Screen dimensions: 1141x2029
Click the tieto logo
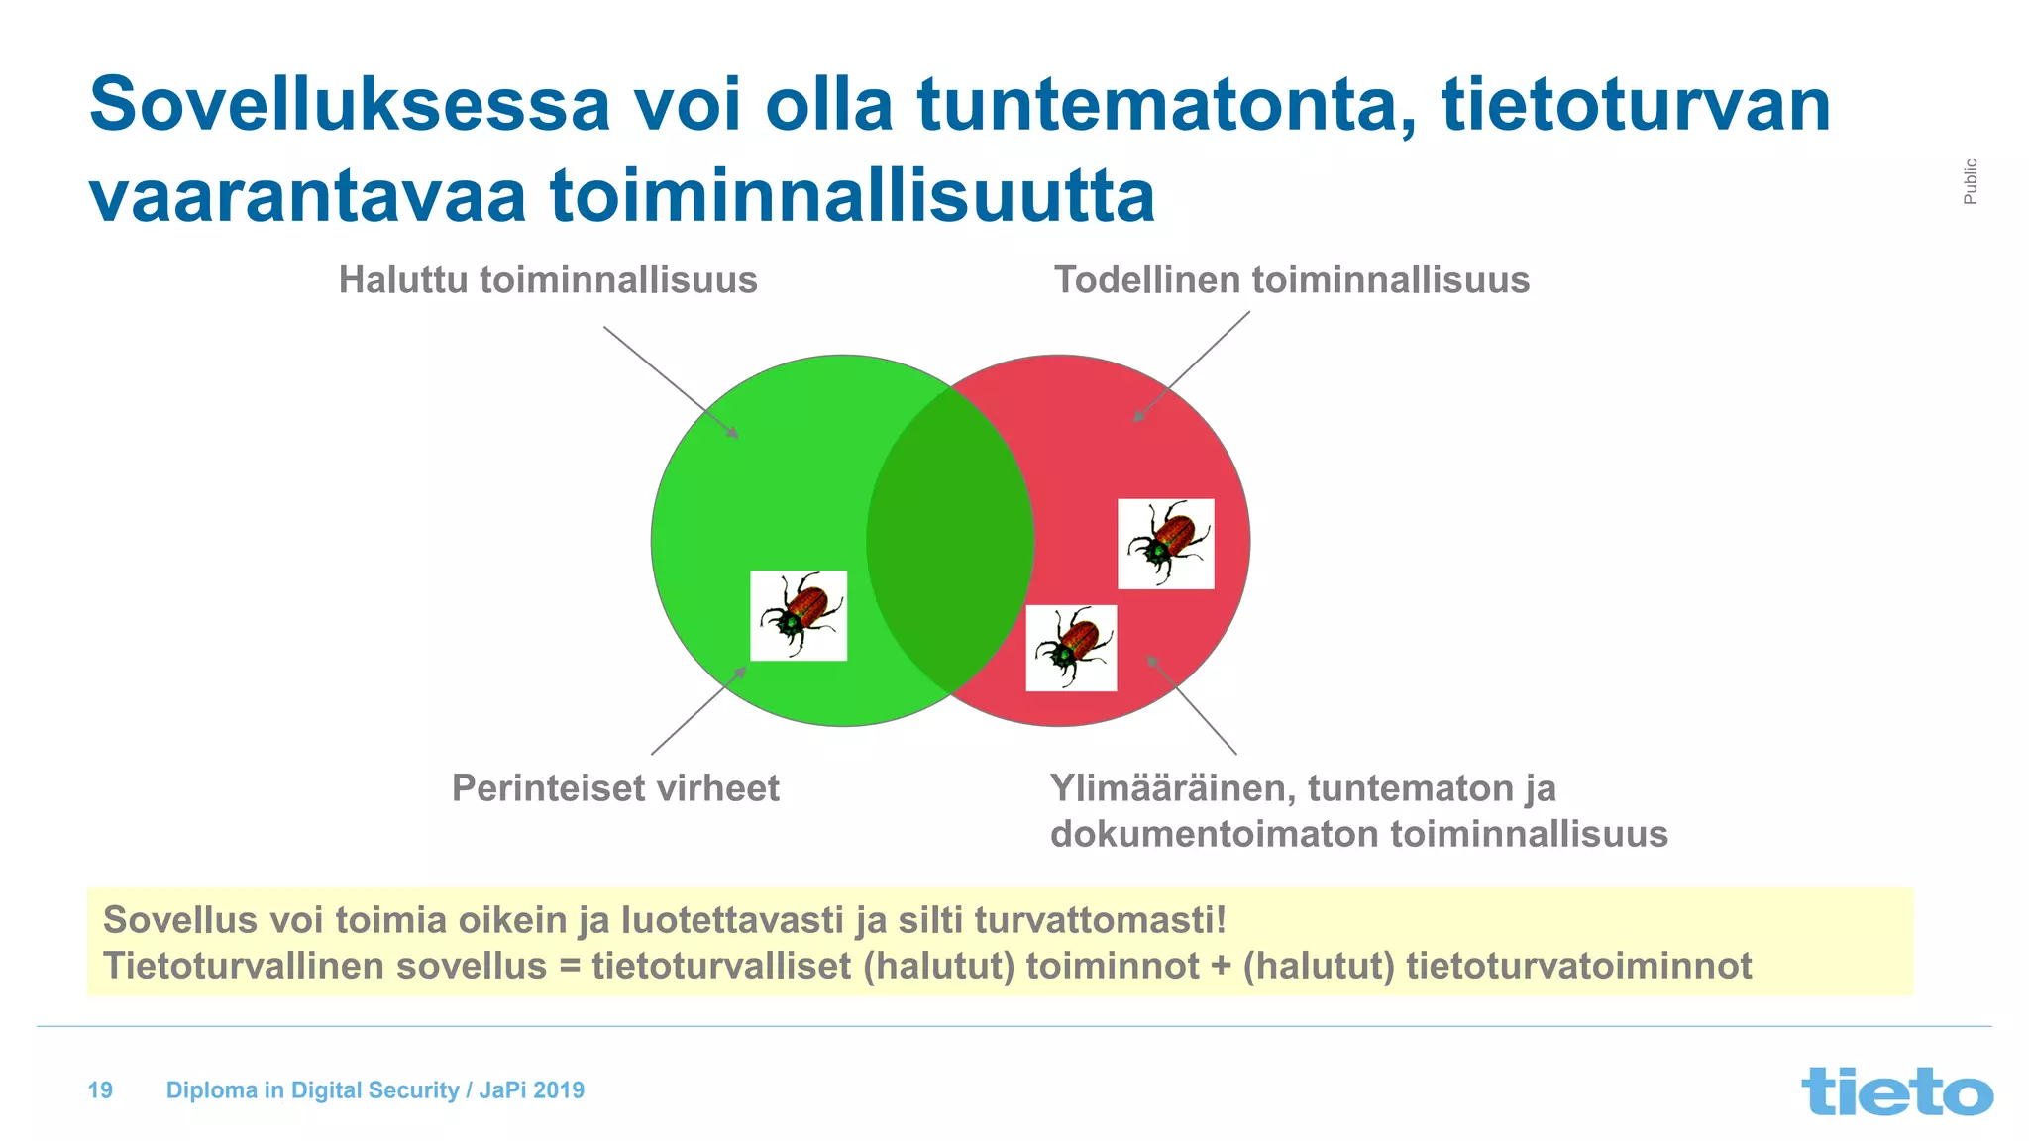(1896, 1090)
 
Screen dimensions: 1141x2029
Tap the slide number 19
(100, 1090)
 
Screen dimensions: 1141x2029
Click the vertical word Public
(1970, 181)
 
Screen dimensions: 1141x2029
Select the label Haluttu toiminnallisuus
(548, 280)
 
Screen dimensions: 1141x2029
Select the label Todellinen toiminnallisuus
(1291, 280)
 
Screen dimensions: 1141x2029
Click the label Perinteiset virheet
(615, 788)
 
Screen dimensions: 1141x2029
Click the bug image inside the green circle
(799, 615)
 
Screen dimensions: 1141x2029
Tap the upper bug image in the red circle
(1166, 544)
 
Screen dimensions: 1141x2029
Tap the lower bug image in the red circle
(1071, 648)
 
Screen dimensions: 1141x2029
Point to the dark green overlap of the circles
(950, 541)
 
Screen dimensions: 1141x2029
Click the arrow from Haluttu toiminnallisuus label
(670, 381)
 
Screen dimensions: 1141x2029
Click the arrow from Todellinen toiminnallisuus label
(1192, 366)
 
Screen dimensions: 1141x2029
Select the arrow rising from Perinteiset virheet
(697, 711)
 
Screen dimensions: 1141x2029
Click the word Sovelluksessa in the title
(350, 104)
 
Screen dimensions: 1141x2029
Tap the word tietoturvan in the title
(1635, 104)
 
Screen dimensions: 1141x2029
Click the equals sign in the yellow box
(569, 966)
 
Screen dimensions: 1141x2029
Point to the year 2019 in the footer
(559, 1090)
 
